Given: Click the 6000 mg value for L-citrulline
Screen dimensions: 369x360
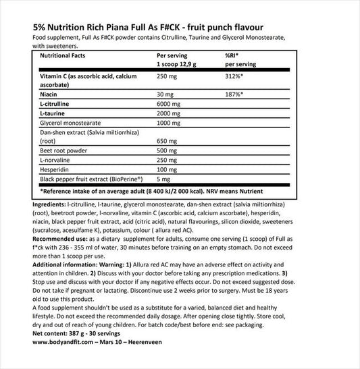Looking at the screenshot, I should point(170,106).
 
